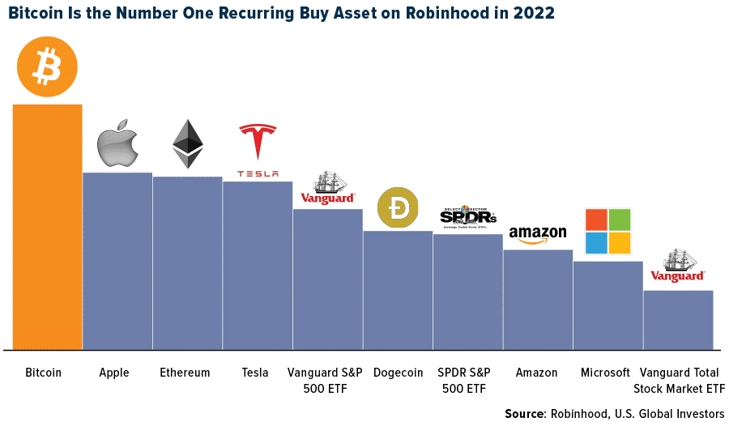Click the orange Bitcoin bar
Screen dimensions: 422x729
tap(47, 227)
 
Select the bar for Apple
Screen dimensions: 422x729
tap(117, 261)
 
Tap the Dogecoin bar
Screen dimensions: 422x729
tap(398, 290)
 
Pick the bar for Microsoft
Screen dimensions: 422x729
tap(608, 305)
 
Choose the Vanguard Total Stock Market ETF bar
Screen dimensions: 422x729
tap(678, 320)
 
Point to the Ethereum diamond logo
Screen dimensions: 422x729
tap(188, 143)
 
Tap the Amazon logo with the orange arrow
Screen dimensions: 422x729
tap(538, 235)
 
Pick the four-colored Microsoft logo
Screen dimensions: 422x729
tap(607, 231)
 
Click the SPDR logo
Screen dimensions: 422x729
tap(467, 215)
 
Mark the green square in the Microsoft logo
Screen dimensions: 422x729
tap(620, 220)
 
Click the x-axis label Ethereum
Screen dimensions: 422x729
tap(185, 373)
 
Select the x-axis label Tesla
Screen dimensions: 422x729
tap(255, 373)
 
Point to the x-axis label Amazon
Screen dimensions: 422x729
tap(536, 373)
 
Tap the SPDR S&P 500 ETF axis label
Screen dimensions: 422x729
tap(465, 380)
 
